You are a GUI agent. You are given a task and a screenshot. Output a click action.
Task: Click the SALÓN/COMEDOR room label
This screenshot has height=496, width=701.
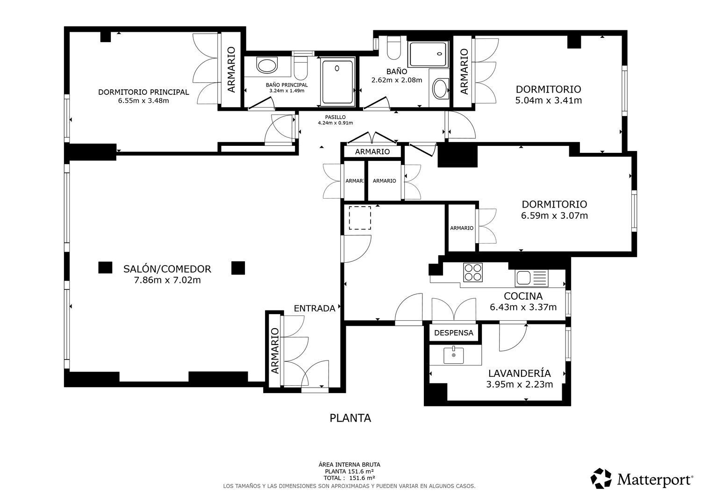click(167, 269)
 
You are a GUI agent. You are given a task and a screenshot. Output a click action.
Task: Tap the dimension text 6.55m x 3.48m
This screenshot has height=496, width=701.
click(143, 101)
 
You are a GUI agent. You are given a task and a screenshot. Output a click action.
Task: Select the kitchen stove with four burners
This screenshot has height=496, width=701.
click(473, 273)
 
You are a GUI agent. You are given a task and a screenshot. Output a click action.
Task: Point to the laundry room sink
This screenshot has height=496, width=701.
click(453, 355)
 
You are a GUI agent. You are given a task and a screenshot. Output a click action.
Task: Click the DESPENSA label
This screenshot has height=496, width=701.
click(453, 333)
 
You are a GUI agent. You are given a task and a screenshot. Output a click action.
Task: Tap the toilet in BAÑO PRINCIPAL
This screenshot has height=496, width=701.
click(301, 68)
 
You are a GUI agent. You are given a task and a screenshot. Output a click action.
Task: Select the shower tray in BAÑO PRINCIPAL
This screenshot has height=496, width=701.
click(337, 82)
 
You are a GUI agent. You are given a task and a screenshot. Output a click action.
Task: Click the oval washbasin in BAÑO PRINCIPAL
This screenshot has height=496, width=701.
click(267, 65)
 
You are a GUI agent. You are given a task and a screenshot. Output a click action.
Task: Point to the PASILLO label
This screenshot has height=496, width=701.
click(335, 117)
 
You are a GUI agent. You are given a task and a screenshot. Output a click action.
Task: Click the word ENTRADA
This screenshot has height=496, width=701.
click(315, 309)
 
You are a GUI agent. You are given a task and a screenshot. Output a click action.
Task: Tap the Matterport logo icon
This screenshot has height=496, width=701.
click(601, 478)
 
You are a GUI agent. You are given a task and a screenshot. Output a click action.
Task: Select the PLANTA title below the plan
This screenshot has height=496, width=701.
click(350, 418)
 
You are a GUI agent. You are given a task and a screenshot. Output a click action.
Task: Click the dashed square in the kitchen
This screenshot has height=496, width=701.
click(360, 218)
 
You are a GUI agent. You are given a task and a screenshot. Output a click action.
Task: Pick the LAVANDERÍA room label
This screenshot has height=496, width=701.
click(520, 373)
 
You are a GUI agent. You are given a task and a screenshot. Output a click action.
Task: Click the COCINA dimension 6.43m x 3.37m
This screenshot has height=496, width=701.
click(523, 307)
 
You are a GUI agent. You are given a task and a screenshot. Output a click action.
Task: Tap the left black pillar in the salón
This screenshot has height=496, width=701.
click(105, 267)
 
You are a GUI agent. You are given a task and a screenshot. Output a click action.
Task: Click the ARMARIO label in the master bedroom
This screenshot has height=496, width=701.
click(231, 70)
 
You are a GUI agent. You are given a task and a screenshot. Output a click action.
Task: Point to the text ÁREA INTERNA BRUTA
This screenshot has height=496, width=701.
click(349, 465)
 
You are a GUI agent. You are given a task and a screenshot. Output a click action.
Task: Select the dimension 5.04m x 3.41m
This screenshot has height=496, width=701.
click(548, 101)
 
